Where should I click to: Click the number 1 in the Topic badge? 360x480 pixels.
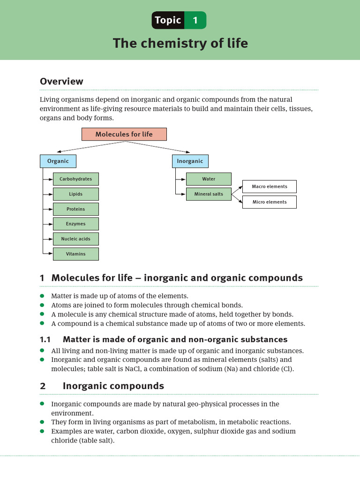195,20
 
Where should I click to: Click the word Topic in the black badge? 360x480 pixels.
168,20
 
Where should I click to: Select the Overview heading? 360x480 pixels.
61,81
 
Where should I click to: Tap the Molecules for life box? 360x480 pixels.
124,134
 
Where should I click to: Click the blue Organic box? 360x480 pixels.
58,161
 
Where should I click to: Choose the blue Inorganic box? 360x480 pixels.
190,161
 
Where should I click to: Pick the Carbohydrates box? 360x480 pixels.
75,179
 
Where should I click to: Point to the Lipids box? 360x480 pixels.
75,194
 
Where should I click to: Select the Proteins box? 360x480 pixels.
75,209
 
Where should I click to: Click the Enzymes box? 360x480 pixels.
75,224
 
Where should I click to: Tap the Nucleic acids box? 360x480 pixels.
75,239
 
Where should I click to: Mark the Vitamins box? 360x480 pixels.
75,254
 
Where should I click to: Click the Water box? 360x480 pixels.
209,179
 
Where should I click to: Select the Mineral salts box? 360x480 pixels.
209,194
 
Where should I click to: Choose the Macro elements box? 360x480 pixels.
270,187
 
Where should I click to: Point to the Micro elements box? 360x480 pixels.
270,202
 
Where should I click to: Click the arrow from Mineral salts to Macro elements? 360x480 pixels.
237,189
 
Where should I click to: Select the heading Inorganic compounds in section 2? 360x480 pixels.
113,386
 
